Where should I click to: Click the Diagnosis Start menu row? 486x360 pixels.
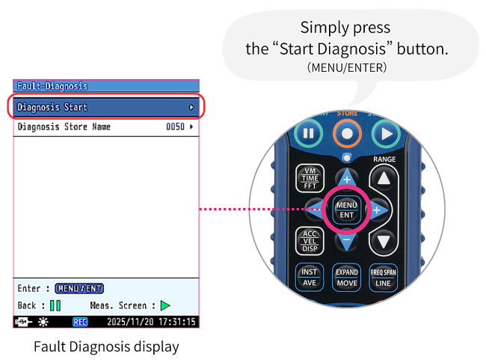click(x=105, y=107)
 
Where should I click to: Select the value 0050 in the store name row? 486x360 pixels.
click(x=175, y=127)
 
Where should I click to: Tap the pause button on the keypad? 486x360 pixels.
click(x=308, y=135)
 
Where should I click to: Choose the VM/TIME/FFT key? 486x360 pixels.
click(x=310, y=178)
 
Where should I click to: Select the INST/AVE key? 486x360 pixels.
click(x=310, y=277)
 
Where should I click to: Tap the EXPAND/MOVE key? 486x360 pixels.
click(x=346, y=277)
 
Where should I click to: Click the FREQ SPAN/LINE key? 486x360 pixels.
click(x=384, y=277)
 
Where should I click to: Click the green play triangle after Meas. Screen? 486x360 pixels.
click(x=165, y=305)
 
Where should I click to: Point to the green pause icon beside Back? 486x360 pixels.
click(x=55, y=305)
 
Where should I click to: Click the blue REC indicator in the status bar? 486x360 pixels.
click(x=80, y=322)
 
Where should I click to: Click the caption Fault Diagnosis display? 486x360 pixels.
click(x=106, y=347)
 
